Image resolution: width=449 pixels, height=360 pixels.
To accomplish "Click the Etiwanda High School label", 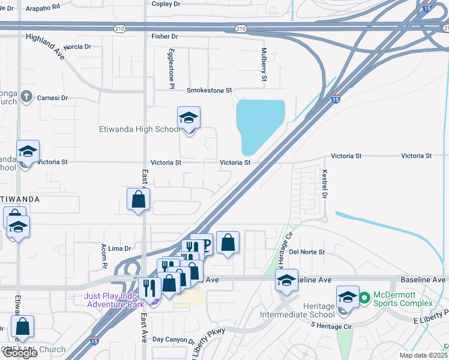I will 139,129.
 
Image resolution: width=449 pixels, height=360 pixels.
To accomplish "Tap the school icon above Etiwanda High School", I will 189,119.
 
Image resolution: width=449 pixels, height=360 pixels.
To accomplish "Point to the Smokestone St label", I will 209,91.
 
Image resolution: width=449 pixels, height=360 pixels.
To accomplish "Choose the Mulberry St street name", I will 264,65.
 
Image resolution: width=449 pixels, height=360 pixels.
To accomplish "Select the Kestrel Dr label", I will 324,184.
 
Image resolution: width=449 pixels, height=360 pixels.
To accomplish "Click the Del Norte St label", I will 307,252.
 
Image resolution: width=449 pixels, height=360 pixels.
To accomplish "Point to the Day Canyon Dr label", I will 173,340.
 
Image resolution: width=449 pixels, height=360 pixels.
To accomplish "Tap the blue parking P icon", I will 204,244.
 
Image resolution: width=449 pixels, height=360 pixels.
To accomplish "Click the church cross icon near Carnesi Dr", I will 26,96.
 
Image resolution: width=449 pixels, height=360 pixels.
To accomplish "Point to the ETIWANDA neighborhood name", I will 20,199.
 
